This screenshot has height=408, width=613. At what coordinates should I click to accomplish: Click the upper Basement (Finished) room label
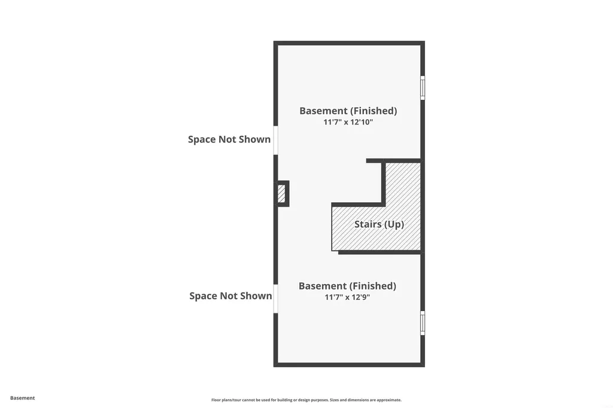coord(348,111)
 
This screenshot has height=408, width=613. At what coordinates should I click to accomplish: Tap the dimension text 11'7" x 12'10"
coord(348,122)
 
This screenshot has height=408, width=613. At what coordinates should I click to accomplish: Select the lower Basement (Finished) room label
coord(347,286)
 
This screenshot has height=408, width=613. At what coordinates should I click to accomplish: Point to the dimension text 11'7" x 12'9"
coord(347,297)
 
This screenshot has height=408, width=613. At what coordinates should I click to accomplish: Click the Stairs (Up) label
coord(379,224)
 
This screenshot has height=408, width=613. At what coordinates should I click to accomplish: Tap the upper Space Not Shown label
coord(229,139)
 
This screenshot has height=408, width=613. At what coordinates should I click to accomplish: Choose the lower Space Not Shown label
coord(230,296)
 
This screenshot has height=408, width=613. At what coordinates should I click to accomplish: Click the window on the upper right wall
coord(423,87)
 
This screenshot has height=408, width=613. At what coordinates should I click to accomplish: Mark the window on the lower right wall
coord(423,323)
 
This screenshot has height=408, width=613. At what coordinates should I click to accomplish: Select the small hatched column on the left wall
coord(281,193)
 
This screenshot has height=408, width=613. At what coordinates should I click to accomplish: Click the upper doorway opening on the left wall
coord(275,141)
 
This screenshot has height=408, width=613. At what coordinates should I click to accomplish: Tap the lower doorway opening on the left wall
coord(275,299)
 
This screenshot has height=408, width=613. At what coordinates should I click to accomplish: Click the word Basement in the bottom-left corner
coord(22,398)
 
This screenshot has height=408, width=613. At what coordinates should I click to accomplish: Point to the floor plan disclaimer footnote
coord(306,400)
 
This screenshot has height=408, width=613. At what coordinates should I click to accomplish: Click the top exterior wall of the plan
coord(349,43)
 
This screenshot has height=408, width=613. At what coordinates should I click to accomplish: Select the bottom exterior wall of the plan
coord(349,364)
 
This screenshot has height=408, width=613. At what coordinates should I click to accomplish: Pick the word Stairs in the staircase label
coord(368,224)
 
